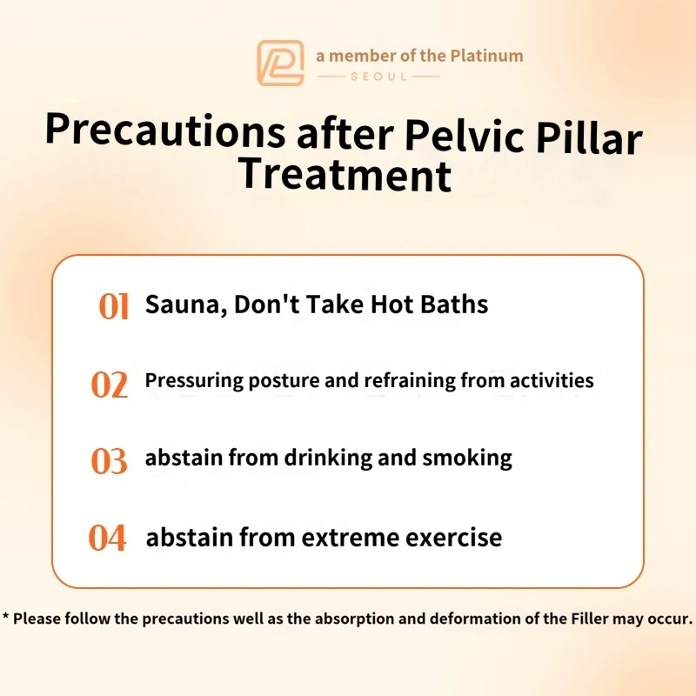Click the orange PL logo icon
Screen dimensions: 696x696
click(x=280, y=63)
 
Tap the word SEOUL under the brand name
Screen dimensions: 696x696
click(x=378, y=77)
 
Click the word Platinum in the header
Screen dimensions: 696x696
click(x=486, y=56)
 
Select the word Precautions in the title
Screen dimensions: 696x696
click(x=165, y=130)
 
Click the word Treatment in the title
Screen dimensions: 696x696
click(x=345, y=175)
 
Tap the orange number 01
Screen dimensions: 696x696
click(x=114, y=306)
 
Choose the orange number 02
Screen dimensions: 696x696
click(x=110, y=384)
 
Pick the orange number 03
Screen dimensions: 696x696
click(x=110, y=461)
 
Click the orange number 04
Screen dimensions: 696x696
click(x=107, y=538)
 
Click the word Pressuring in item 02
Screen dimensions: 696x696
click(x=194, y=381)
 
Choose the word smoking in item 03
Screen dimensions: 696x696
click(x=467, y=458)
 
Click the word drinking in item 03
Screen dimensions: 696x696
click(x=328, y=458)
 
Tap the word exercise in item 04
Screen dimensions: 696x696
click(x=453, y=538)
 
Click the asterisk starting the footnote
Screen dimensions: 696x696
click(x=6, y=616)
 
